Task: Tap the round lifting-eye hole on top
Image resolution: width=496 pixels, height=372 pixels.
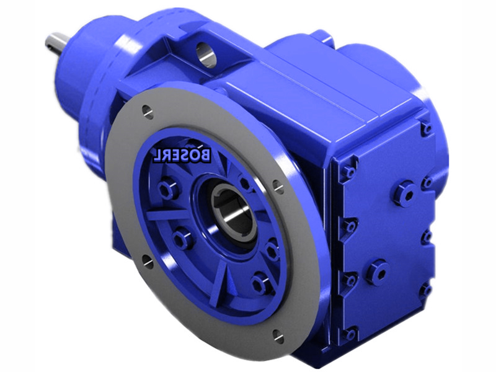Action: click(x=206, y=53)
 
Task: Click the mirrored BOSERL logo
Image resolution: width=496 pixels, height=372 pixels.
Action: click(x=182, y=154)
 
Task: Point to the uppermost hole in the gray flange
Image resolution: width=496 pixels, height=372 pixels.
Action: click(x=148, y=111)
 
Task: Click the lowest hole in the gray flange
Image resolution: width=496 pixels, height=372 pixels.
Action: click(x=278, y=336)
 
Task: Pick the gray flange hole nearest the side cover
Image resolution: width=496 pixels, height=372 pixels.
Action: click(x=278, y=187)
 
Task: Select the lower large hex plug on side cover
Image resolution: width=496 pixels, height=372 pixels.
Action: click(x=378, y=273)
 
